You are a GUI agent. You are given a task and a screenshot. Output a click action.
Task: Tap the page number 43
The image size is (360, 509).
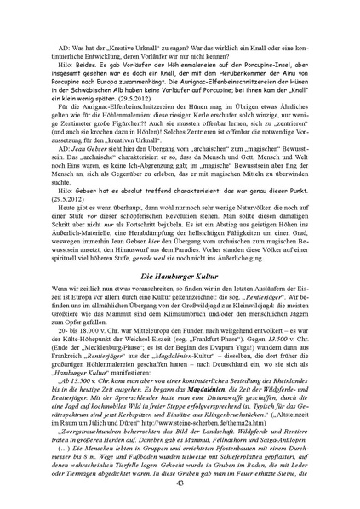pyautogui.click(x=180, y=483)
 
